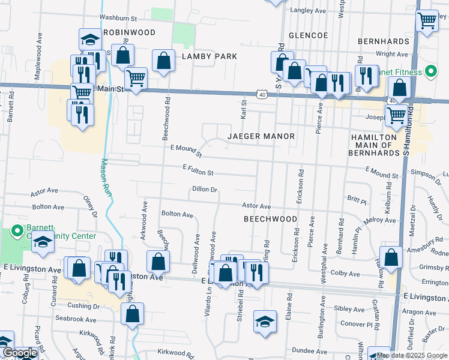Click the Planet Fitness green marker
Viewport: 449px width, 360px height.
pyautogui.click(x=430, y=72)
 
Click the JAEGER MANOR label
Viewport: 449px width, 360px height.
pyautogui.click(x=261, y=136)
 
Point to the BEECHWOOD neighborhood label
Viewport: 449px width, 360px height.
pyautogui.click(x=270, y=219)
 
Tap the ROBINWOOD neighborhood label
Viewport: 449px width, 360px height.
pyautogui.click(x=129, y=32)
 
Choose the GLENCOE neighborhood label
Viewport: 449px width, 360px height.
pyautogui.click(x=308, y=35)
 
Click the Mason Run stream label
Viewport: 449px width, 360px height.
pyautogui.click(x=106, y=176)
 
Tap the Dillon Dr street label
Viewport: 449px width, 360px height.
pyautogui.click(x=204, y=189)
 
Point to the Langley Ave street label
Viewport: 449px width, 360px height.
pyautogui.click(x=307, y=11)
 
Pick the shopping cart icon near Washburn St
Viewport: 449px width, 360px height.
pyautogui.click(x=426, y=21)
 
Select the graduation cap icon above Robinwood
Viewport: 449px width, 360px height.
pyautogui.click(x=90, y=40)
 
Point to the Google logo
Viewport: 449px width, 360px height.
pyautogui.click(x=19, y=353)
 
